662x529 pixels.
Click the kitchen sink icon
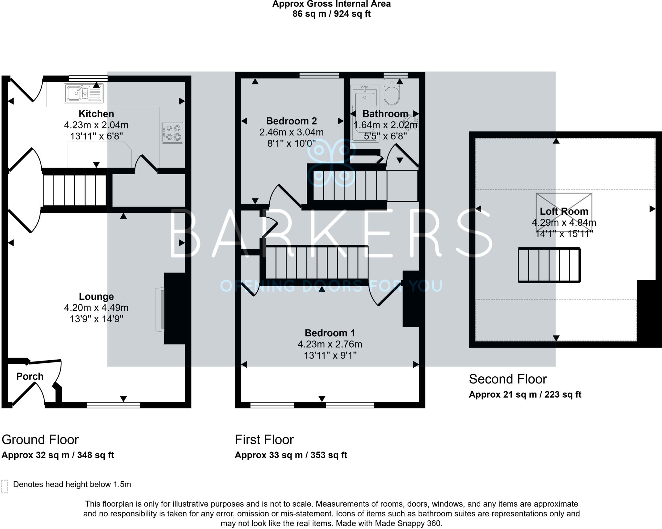coord(84,93)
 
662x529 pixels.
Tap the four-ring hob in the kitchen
coord(173,133)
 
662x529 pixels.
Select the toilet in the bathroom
coord(392,93)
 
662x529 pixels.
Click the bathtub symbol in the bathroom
coord(365,113)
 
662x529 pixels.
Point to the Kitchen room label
coord(96,114)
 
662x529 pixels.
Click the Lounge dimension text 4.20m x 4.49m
coord(96,308)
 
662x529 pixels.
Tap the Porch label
coord(30,376)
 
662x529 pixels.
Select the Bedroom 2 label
coord(291,121)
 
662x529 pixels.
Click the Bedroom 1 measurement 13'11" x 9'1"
coord(330,355)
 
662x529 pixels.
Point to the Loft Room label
coord(564,211)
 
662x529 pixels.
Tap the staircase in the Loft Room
coord(549,265)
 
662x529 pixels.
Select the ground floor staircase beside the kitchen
coord(74,190)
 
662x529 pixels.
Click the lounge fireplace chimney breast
coord(175,308)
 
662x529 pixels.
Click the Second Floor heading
coord(507,379)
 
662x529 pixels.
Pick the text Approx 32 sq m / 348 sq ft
coord(58,455)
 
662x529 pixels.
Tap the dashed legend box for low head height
coord(4,486)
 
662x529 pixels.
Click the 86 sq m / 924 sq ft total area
coord(331,14)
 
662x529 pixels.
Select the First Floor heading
coord(264,440)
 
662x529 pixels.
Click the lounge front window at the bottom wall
coord(113,405)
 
